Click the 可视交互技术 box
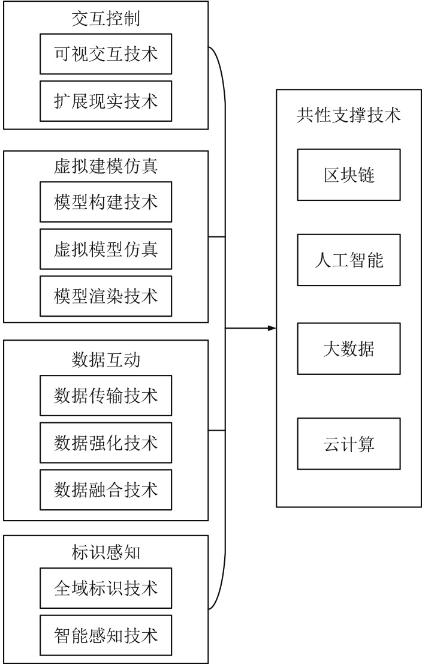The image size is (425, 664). point(106,54)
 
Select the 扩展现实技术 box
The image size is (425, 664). point(106,101)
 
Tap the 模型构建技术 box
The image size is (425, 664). point(106,202)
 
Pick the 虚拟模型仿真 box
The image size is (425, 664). point(106,248)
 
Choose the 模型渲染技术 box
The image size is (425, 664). point(106,296)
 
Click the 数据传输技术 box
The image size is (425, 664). point(106,395)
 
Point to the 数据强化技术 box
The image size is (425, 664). point(106,443)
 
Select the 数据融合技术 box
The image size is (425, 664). point(106,489)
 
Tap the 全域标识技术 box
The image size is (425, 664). point(106,588)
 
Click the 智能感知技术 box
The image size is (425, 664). point(106,635)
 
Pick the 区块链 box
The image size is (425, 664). point(348,175)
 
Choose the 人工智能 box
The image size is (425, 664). point(348,260)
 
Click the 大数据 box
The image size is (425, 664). point(348,348)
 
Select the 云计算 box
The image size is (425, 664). point(348,444)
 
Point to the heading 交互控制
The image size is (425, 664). point(106,19)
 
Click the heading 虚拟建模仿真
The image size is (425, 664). point(106,166)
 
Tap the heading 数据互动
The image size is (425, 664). point(106,360)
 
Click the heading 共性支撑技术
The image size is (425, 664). point(348,116)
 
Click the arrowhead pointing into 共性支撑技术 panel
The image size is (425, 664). point(272,328)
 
